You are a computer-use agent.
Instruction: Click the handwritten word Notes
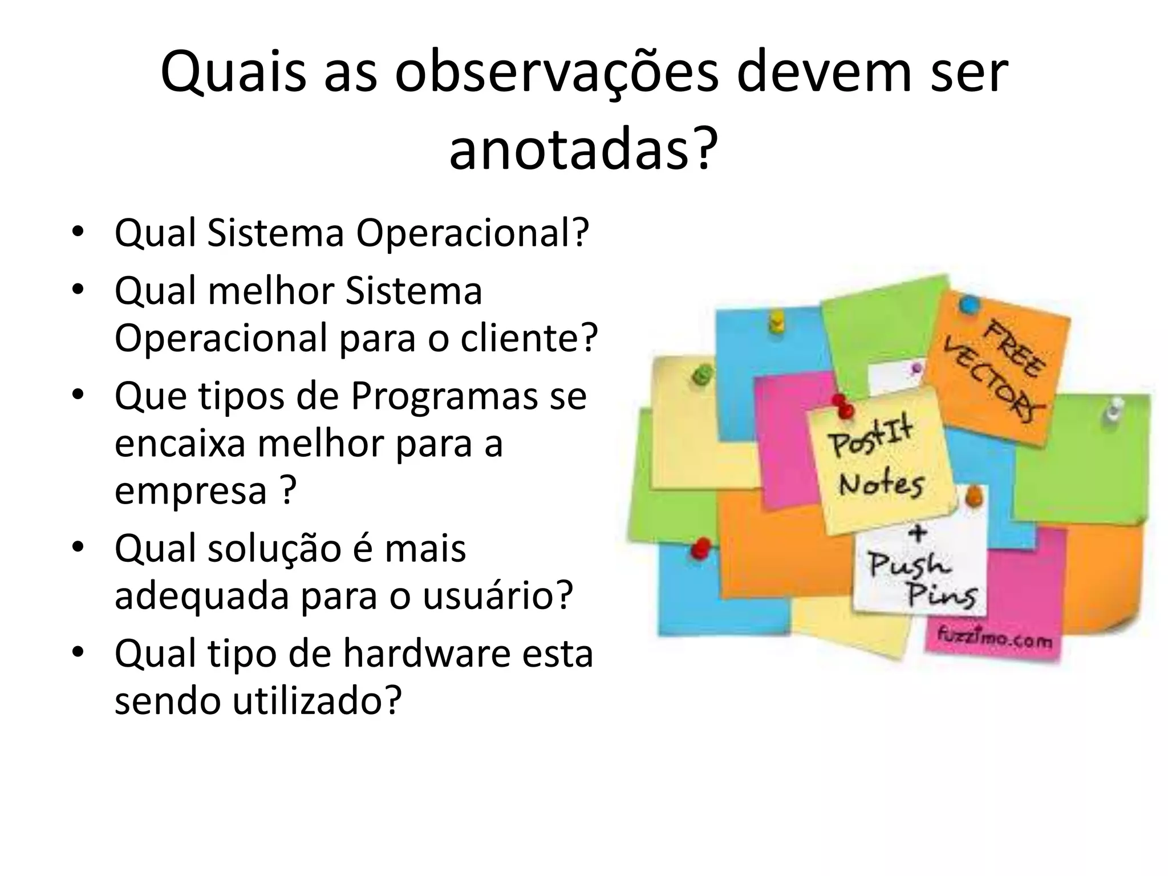[881, 485]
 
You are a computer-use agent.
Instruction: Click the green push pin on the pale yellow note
[701, 375]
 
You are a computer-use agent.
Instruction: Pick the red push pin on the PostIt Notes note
[842, 406]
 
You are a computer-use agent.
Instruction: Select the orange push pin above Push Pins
[974, 495]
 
